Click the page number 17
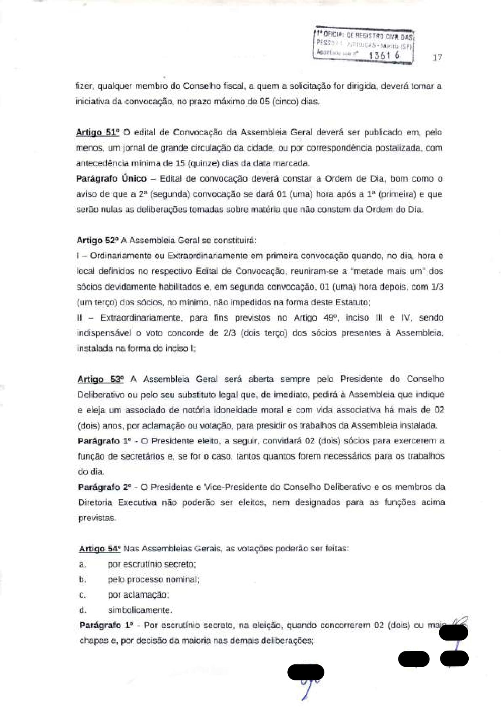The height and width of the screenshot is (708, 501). pos(437,57)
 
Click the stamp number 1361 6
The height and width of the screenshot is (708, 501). pos(384,55)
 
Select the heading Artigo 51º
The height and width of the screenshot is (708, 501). pos(97,132)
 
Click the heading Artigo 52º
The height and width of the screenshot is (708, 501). pos(98,240)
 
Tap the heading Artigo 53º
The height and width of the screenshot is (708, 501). pos(100,379)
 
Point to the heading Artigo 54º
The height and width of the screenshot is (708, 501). pos(100,548)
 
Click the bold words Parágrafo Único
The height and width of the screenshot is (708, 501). pos(111,179)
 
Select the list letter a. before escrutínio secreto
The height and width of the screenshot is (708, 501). pos(82,564)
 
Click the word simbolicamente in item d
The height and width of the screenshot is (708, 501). pos(140,610)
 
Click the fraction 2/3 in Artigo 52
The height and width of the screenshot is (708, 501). pos(230,333)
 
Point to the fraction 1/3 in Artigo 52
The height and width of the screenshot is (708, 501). pos(437,287)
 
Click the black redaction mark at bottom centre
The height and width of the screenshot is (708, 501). pos(306,672)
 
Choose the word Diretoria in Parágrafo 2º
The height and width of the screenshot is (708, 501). pos(95,502)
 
